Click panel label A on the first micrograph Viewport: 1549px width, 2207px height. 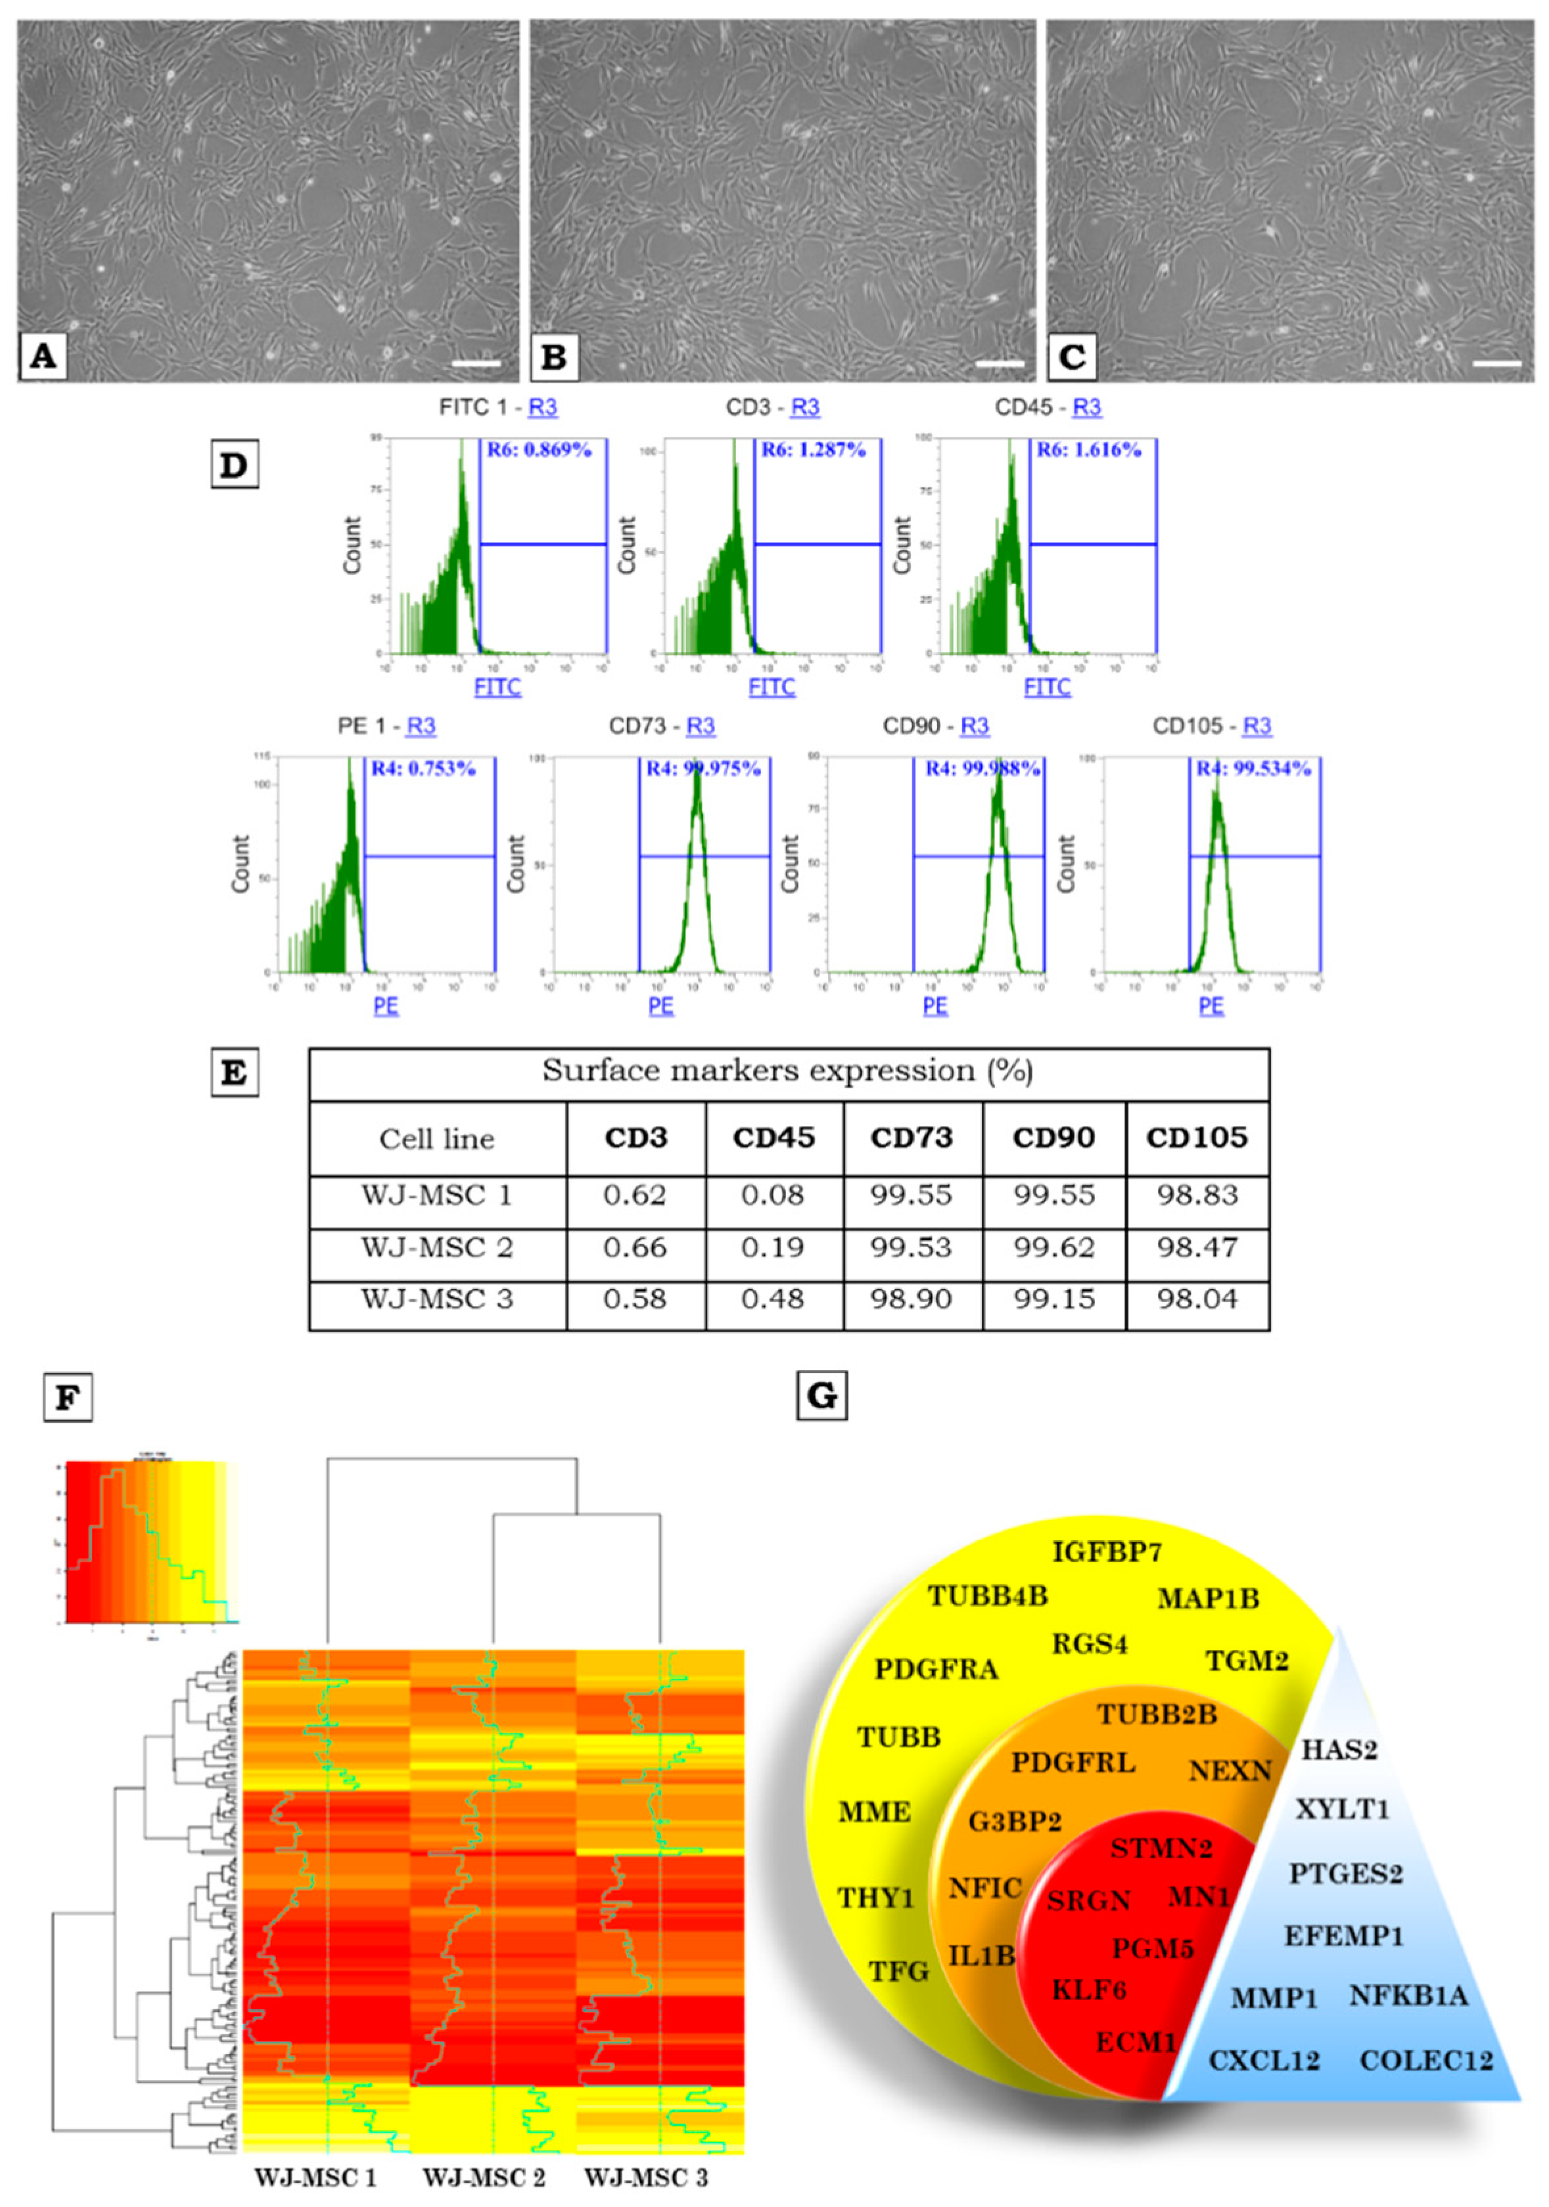click(42, 357)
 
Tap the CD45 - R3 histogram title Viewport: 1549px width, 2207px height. click(1047, 407)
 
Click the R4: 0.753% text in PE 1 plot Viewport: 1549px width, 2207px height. click(424, 768)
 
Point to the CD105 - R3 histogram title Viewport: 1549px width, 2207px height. click(1211, 726)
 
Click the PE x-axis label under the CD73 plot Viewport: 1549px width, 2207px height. click(660, 1006)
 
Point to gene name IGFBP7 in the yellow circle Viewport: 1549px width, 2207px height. click(1107, 1551)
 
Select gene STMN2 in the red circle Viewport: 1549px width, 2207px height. click(1161, 1848)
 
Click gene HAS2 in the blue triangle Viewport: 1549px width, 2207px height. click(1339, 1749)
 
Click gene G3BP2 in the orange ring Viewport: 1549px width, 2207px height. click(1015, 1821)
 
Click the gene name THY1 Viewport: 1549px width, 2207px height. click(875, 1898)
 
